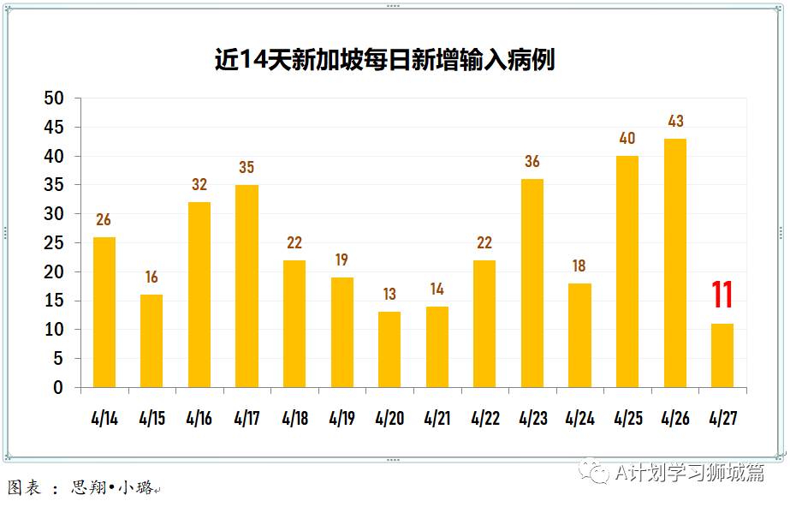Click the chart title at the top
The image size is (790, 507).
coord(384,60)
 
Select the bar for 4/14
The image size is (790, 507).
coord(104,312)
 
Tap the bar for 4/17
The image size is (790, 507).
coord(247,286)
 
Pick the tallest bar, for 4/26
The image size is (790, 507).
coord(675,263)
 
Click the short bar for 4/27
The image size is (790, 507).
coord(722,355)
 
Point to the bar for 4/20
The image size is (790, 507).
coord(389,349)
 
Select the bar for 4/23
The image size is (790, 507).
coord(532,283)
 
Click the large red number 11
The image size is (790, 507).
coord(722,295)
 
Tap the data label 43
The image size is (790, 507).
coord(675,122)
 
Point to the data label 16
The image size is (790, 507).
coord(151,277)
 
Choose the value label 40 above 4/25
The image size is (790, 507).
coord(627,139)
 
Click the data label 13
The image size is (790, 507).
coord(389,295)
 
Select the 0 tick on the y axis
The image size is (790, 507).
coord(57,388)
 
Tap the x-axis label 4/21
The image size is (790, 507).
coord(437,419)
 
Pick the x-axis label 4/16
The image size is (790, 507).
coord(199,419)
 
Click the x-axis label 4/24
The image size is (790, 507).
coord(580,419)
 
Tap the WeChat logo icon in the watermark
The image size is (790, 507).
coord(593,472)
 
